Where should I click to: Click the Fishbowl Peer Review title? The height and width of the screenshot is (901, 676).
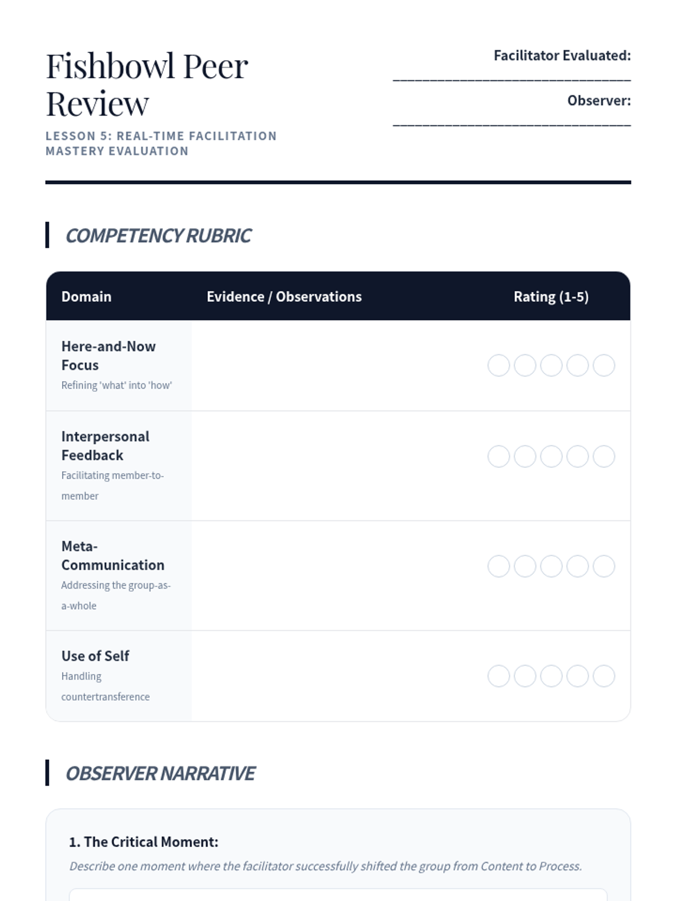(146, 84)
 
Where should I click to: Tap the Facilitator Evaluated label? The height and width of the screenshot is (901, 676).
(562, 56)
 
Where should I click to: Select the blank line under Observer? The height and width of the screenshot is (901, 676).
(512, 123)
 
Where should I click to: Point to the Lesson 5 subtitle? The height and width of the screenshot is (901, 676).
(161, 144)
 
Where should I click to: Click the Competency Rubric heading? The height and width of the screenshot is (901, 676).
(158, 235)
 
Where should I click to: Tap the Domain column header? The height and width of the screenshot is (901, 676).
(86, 297)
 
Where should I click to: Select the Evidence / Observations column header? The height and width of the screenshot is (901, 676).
(284, 297)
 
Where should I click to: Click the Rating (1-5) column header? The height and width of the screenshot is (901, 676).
(551, 297)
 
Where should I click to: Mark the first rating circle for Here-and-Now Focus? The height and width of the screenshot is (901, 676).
(499, 365)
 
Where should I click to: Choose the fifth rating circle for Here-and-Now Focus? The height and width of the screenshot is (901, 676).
(604, 365)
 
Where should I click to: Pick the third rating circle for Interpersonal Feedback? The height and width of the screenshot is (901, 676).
(552, 457)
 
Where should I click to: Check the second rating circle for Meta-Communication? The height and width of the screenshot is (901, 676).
(525, 567)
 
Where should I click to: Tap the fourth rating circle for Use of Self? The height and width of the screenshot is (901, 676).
(577, 676)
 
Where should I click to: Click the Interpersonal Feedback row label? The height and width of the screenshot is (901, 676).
(105, 445)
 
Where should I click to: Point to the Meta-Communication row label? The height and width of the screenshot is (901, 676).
(113, 556)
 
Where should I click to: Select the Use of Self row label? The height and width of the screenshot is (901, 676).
(95, 656)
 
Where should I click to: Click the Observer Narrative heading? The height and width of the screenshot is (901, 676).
(161, 774)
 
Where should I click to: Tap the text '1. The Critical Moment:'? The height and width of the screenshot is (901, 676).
(144, 842)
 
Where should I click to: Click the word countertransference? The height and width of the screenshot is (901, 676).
(105, 697)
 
